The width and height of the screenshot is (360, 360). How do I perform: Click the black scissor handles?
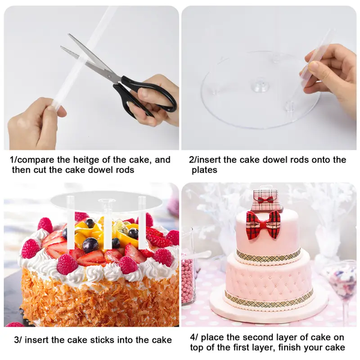coord(144,96)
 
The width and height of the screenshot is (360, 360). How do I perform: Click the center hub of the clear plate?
coord(260,87)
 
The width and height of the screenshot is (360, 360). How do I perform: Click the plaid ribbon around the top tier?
coord(268,256)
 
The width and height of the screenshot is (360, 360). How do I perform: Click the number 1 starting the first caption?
coord(13,160)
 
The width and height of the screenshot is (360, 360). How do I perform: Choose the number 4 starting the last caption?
coord(193,337)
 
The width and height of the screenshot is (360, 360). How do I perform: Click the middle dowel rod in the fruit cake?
coord(107,223)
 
